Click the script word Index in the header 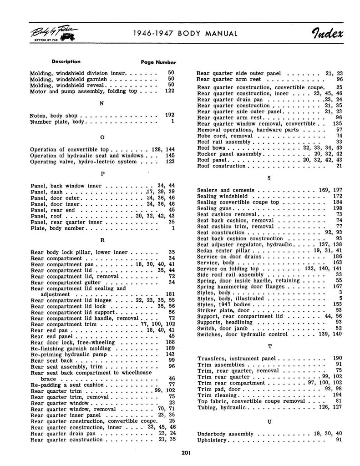(321, 33)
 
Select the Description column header (66, 62)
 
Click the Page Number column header (158, 62)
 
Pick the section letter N (101, 103)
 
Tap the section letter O (101, 137)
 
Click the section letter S (269, 178)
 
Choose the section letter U (269, 422)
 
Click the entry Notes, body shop (54, 116)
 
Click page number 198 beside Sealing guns (337, 208)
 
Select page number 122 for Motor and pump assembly (169, 91)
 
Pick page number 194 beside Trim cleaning (337, 395)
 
